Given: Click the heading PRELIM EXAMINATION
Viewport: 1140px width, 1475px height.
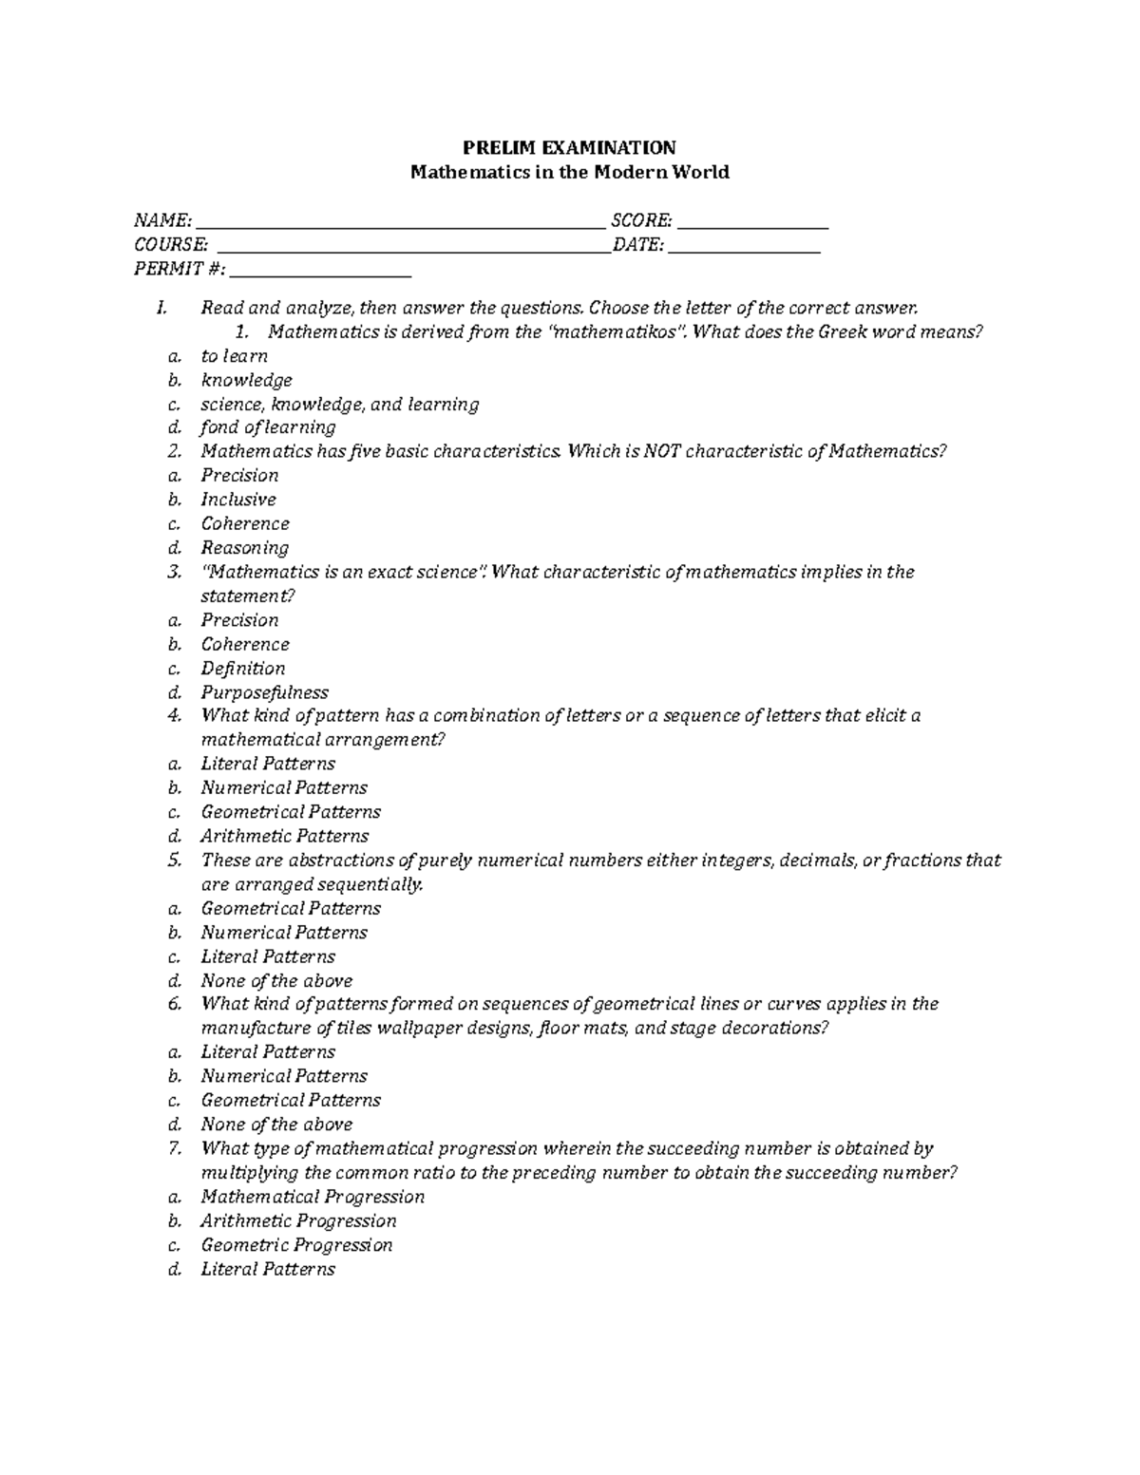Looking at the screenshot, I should coord(568,147).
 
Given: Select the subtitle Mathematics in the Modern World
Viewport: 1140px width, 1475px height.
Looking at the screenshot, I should coord(568,172).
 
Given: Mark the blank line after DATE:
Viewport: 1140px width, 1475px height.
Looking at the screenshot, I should coord(744,249).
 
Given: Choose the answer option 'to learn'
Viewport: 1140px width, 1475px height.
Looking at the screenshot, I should coord(234,356).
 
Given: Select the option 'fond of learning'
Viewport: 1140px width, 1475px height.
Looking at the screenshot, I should coord(268,427).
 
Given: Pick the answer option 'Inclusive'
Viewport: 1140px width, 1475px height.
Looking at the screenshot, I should coord(238,500).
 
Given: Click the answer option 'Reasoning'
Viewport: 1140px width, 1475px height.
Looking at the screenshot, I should coord(244,548).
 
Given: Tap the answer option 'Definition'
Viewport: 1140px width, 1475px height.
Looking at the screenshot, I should coord(242,669).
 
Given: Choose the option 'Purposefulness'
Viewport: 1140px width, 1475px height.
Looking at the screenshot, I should coord(264,692).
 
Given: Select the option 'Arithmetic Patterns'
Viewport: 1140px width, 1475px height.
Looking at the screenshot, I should coord(284,837).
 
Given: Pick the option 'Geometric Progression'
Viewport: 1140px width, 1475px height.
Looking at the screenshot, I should coord(296,1245).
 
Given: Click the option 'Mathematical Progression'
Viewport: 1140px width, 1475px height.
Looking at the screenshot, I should coord(313,1197).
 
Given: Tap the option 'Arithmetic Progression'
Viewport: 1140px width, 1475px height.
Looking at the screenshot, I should coord(298,1221).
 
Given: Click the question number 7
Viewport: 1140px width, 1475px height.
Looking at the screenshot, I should coord(174,1148).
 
